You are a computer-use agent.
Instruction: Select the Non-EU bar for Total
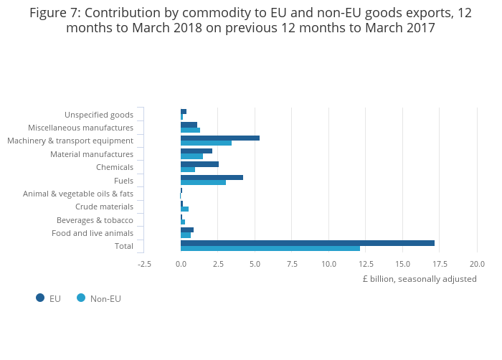pyautogui.click(x=270, y=249)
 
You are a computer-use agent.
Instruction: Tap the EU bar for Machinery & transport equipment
pyautogui.click(x=219, y=138)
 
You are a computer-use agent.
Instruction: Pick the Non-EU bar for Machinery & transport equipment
pyautogui.click(x=206, y=143)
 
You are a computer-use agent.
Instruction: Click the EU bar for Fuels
pyautogui.click(x=212, y=177)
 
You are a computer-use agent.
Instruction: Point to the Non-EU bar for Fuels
pyautogui.click(x=203, y=183)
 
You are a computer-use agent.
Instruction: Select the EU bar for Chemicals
pyautogui.click(x=199, y=164)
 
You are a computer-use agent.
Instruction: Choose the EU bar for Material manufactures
pyautogui.click(x=196, y=151)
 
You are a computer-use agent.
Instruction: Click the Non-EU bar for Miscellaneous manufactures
pyautogui.click(x=190, y=131)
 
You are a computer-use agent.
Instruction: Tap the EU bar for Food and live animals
pyautogui.click(x=186, y=229)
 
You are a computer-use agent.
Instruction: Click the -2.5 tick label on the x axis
pyautogui.click(x=144, y=264)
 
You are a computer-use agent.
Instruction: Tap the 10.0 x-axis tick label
pyautogui.click(x=328, y=264)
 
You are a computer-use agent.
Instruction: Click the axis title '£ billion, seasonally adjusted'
pyautogui.click(x=419, y=279)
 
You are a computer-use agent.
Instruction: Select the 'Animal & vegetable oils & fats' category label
pyautogui.click(x=78, y=194)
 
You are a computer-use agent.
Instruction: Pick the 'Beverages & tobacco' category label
pyautogui.click(x=95, y=220)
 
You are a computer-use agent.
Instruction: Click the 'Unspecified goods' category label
pyautogui.click(x=99, y=115)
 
